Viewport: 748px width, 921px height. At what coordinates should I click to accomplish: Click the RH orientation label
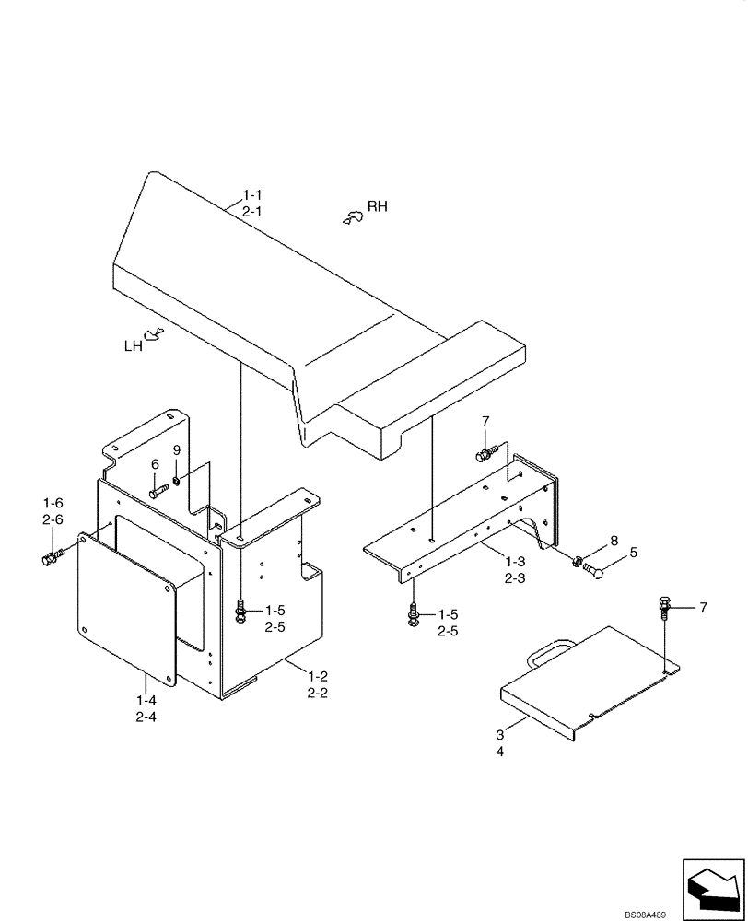[378, 206]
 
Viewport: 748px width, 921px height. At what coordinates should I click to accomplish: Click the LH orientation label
[134, 346]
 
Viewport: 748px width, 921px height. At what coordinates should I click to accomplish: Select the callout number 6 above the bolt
[155, 464]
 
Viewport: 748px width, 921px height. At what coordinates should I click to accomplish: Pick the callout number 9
[177, 450]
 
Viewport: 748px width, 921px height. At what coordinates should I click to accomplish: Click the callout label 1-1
[253, 195]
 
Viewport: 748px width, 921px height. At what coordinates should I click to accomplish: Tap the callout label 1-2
[318, 677]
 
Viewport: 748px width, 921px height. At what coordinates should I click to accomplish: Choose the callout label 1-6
[53, 503]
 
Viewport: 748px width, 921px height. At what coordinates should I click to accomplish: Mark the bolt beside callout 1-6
[52, 557]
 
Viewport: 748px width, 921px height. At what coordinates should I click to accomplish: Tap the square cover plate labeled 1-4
[126, 608]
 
